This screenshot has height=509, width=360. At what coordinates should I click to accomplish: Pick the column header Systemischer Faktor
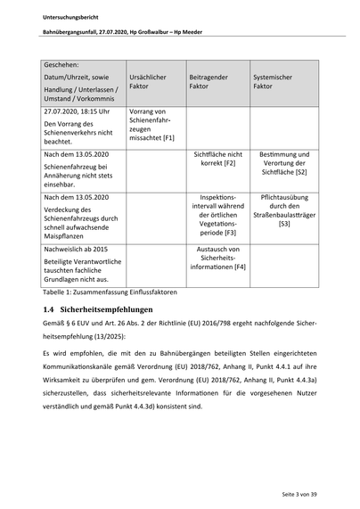click(x=273, y=82)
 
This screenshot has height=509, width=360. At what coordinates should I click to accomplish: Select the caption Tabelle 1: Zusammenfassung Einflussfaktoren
click(x=110, y=291)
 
